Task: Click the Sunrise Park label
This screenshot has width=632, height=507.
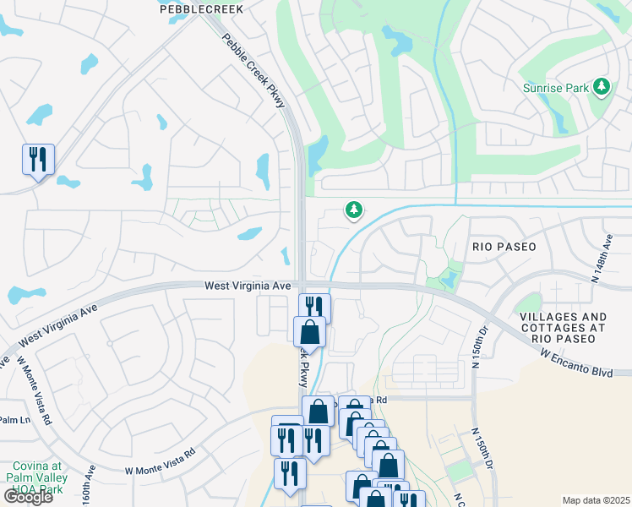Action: (555, 87)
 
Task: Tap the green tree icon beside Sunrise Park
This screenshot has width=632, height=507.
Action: (602, 86)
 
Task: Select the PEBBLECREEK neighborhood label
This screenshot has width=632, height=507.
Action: (201, 9)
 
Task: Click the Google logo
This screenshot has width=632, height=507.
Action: (27, 496)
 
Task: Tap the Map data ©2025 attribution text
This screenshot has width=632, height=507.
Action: (596, 500)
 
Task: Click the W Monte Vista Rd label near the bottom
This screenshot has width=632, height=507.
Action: (161, 461)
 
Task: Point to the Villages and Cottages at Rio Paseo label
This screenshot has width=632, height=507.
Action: (564, 327)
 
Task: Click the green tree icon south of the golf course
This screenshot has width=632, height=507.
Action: (353, 210)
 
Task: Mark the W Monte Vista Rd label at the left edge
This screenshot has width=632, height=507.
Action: (35, 390)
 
